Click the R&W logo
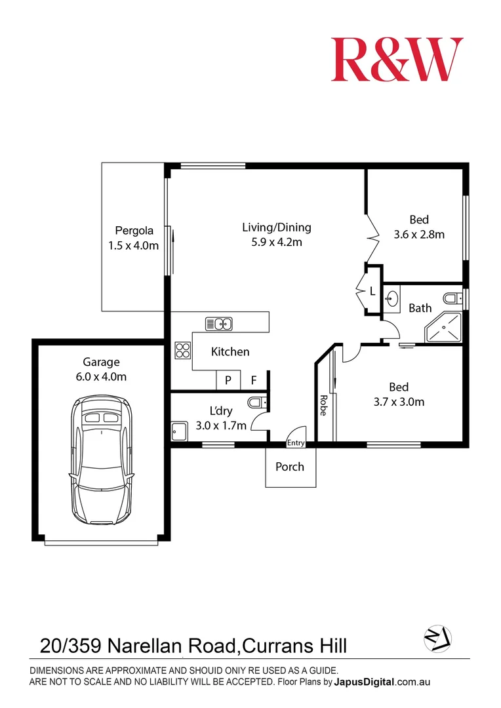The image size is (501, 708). pyautogui.click(x=397, y=60)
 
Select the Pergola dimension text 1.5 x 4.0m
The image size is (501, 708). pyautogui.click(x=134, y=246)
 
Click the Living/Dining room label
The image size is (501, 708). pyautogui.click(x=276, y=227)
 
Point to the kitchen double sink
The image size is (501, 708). pyautogui.click(x=219, y=323)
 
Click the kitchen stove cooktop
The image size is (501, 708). pyautogui.click(x=182, y=351)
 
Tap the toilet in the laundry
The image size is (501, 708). pyautogui.click(x=256, y=402)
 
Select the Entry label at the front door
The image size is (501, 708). pyautogui.click(x=296, y=443)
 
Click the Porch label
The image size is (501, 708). pyautogui.click(x=290, y=467)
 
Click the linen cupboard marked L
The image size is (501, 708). pyautogui.click(x=372, y=291)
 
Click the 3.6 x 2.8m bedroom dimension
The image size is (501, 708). pyautogui.click(x=419, y=234)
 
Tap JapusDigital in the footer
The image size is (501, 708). pyautogui.click(x=365, y=682)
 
